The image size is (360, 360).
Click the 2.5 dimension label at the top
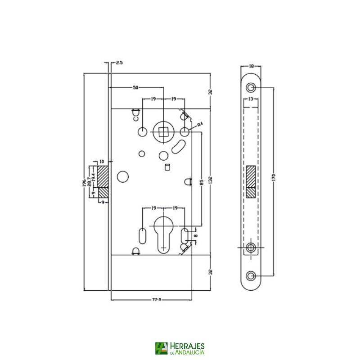[x=119, y=63]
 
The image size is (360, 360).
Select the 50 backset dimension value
[x=135, y=88]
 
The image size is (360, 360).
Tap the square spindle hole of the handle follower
[x=162, y=131]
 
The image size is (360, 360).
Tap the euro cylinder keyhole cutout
[x=162, y=229]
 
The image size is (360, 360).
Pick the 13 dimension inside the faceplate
[x=250, y=99]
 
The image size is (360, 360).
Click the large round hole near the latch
[x=122, y=177]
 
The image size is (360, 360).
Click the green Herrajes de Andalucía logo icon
[x=161, y=348]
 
